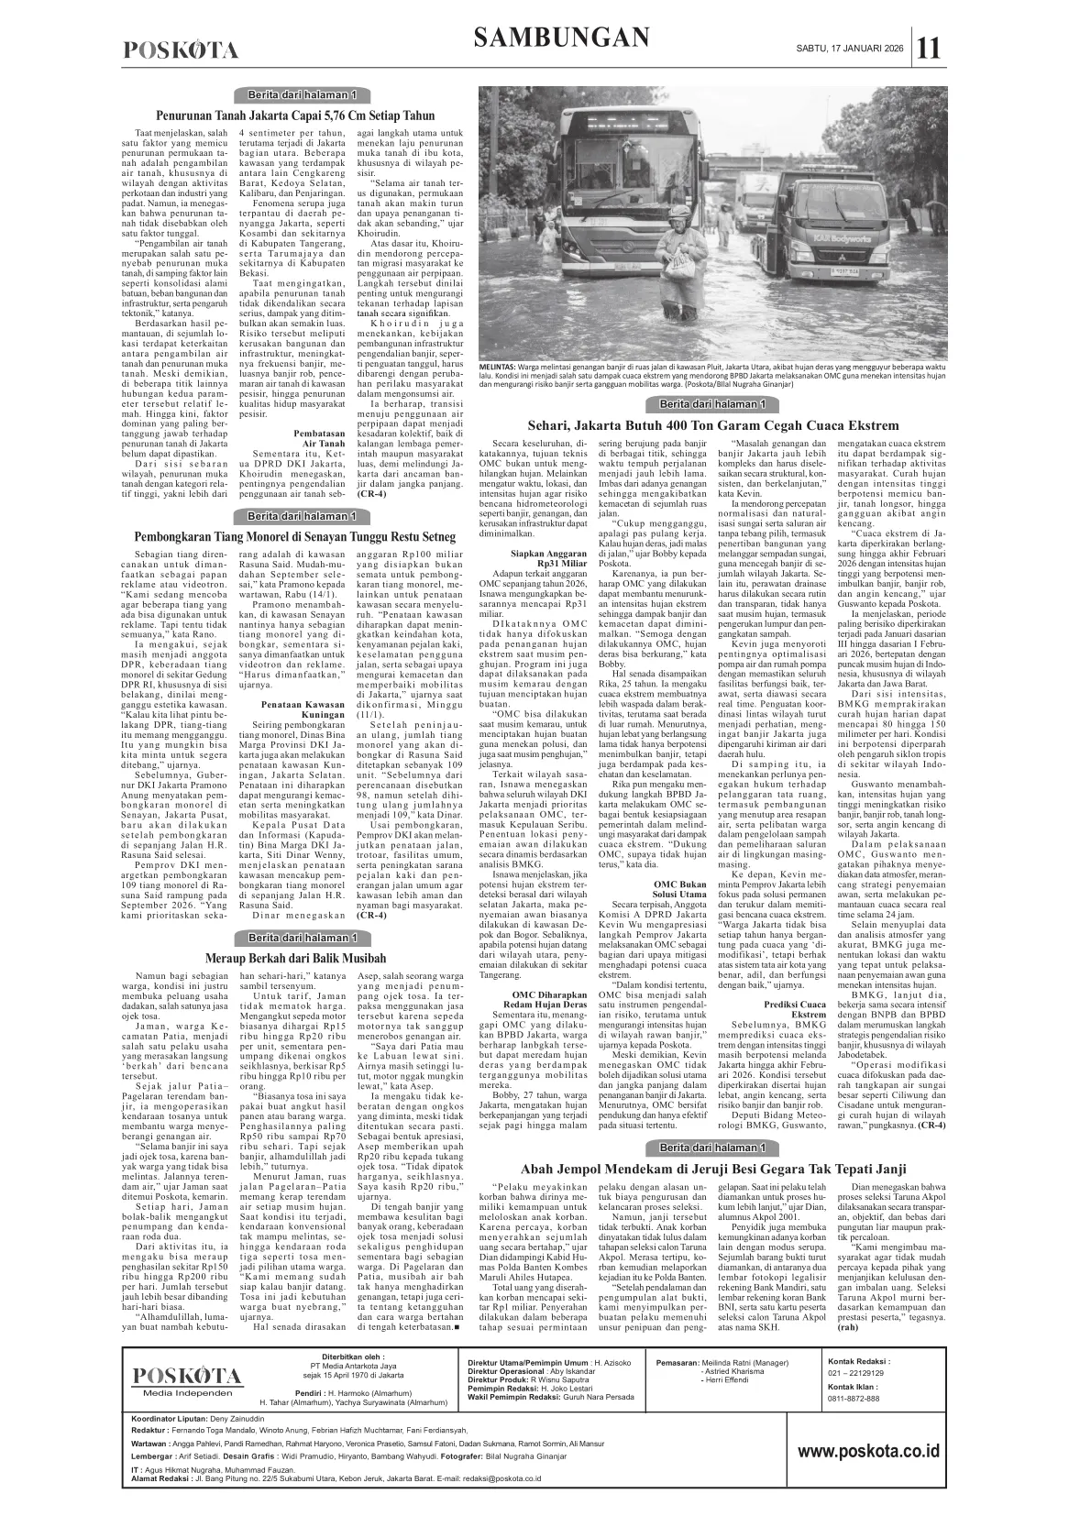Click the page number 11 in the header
click(x=930, y=48)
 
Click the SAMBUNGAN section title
click(x=563, y=38)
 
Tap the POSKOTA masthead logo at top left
click(x=181, y=50)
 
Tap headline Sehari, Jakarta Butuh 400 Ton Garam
click(x=712, y=425)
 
